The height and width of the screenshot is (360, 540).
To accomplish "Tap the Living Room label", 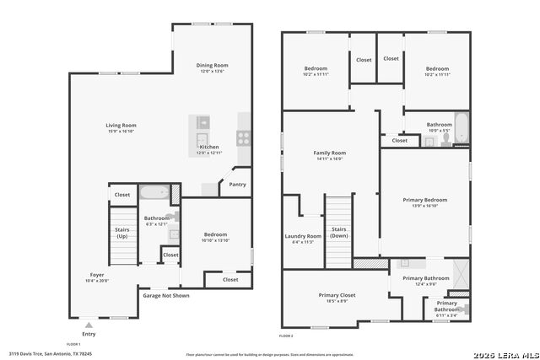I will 121,126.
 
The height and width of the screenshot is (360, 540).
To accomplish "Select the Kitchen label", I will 209,147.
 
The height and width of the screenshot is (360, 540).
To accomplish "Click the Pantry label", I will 237,184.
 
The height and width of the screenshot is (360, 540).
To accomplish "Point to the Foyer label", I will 98,276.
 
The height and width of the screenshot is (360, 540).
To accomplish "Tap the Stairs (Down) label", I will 338,233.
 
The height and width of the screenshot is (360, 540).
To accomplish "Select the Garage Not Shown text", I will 165,296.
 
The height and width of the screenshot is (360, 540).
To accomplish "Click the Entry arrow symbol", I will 89,324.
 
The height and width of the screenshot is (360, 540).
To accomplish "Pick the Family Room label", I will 330,153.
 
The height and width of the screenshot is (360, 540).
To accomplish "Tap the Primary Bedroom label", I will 424,200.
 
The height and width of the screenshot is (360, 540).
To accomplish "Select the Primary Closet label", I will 337,295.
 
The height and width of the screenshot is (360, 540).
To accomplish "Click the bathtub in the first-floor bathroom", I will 154,193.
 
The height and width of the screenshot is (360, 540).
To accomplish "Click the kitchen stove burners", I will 243,138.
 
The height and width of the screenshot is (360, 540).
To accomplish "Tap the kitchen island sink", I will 202,140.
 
